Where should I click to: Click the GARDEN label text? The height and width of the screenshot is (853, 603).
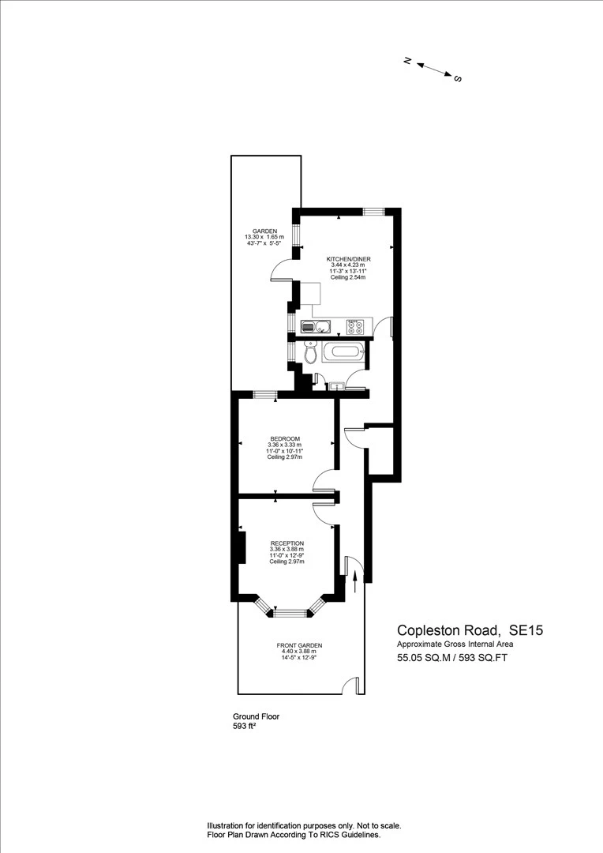(x=264, y=231)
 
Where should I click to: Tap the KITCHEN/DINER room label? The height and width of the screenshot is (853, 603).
(x=348, y=259)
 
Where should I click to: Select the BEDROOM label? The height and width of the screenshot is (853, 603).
(x=285, y=439)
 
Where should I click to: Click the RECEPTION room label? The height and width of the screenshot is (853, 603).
(x=287, y=543)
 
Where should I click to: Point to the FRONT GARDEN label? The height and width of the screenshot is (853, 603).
(x=299, y=645)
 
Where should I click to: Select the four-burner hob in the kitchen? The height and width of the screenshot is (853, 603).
(x=356, y=326)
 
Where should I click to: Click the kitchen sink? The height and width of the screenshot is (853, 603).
(x=315, y=327)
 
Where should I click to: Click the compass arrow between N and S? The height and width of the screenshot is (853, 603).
(x=434, y=69)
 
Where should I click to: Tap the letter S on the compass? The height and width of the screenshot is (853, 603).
(x=458, y=78)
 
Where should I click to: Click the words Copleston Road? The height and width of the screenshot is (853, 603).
(x=448, y=630)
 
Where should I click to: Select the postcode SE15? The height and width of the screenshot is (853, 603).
(x=525, y=630)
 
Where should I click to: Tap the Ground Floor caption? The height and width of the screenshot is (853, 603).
(x=256, y=716)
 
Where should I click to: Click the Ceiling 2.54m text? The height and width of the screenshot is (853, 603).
(x=348, y=277)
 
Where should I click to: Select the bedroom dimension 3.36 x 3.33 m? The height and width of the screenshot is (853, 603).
(x=285, y=445)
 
